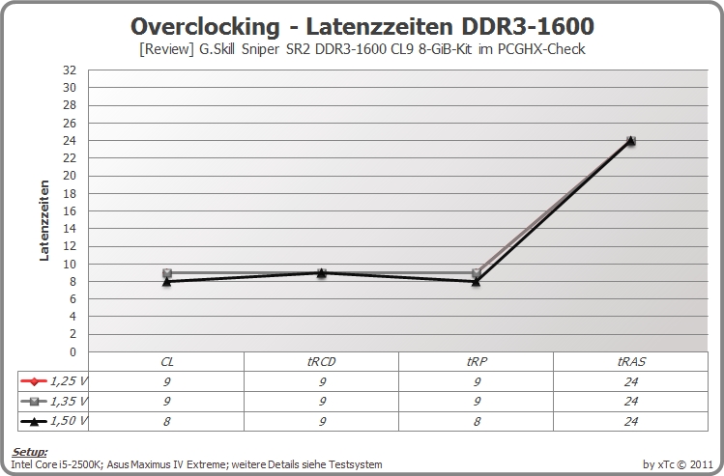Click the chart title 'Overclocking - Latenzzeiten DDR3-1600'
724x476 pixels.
(362, 26)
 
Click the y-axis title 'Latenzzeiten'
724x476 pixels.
(44, 220)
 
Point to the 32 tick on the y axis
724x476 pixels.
(70, 70)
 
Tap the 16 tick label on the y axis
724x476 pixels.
(70, 210)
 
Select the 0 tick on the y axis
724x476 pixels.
(72, 351)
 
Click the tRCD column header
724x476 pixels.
(321, 362)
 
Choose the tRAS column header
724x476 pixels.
(631, 362)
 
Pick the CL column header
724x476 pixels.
(166, 362)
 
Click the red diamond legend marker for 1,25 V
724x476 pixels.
(34, 381)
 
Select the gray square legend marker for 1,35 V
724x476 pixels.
(34, 402)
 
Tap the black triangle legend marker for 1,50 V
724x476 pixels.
(34, 421)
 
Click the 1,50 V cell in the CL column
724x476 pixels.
(166, 421)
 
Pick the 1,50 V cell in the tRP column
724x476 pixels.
(477, 421)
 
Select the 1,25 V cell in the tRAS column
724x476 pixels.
(631, 381)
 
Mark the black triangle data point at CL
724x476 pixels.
(166, 281)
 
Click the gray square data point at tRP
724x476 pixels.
(477, 273)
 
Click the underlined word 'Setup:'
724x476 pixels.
(30, 452)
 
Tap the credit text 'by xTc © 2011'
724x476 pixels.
(678, 464)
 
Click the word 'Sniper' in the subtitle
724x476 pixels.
(260, 49)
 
